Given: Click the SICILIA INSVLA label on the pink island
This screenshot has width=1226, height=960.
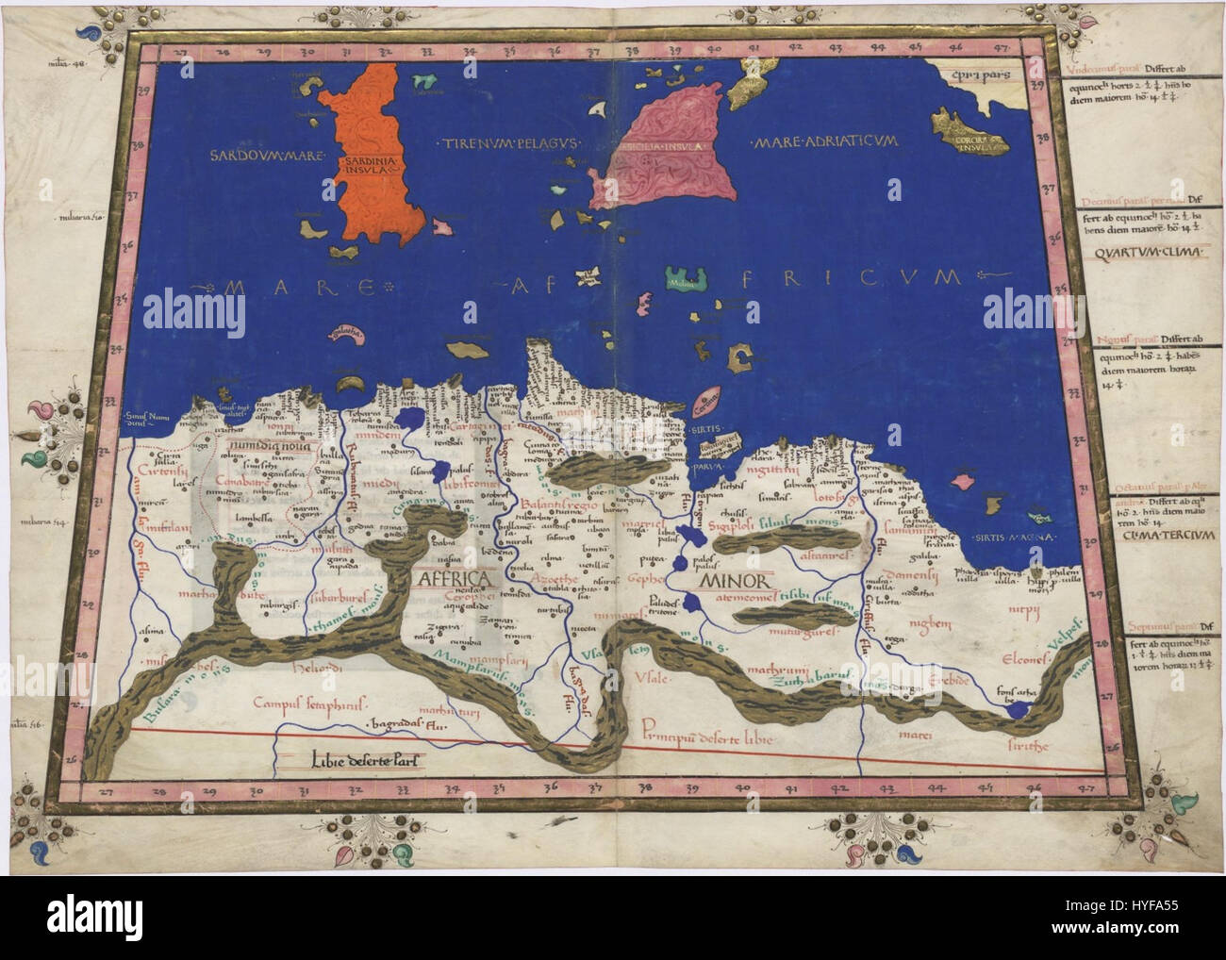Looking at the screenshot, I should coord(654,147).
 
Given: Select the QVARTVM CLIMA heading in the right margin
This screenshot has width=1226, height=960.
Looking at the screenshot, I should coord(1150,253).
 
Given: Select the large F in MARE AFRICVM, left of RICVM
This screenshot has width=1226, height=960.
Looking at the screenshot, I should coord(714,278).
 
